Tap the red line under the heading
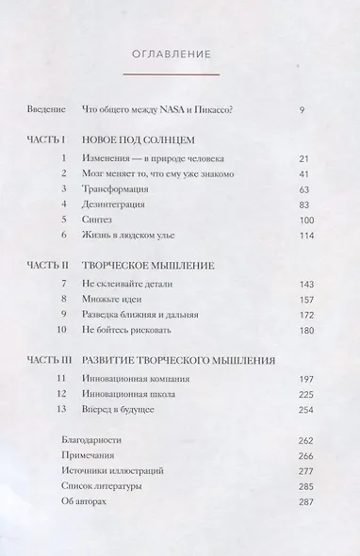coord(179,74)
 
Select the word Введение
coord(48,111)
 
